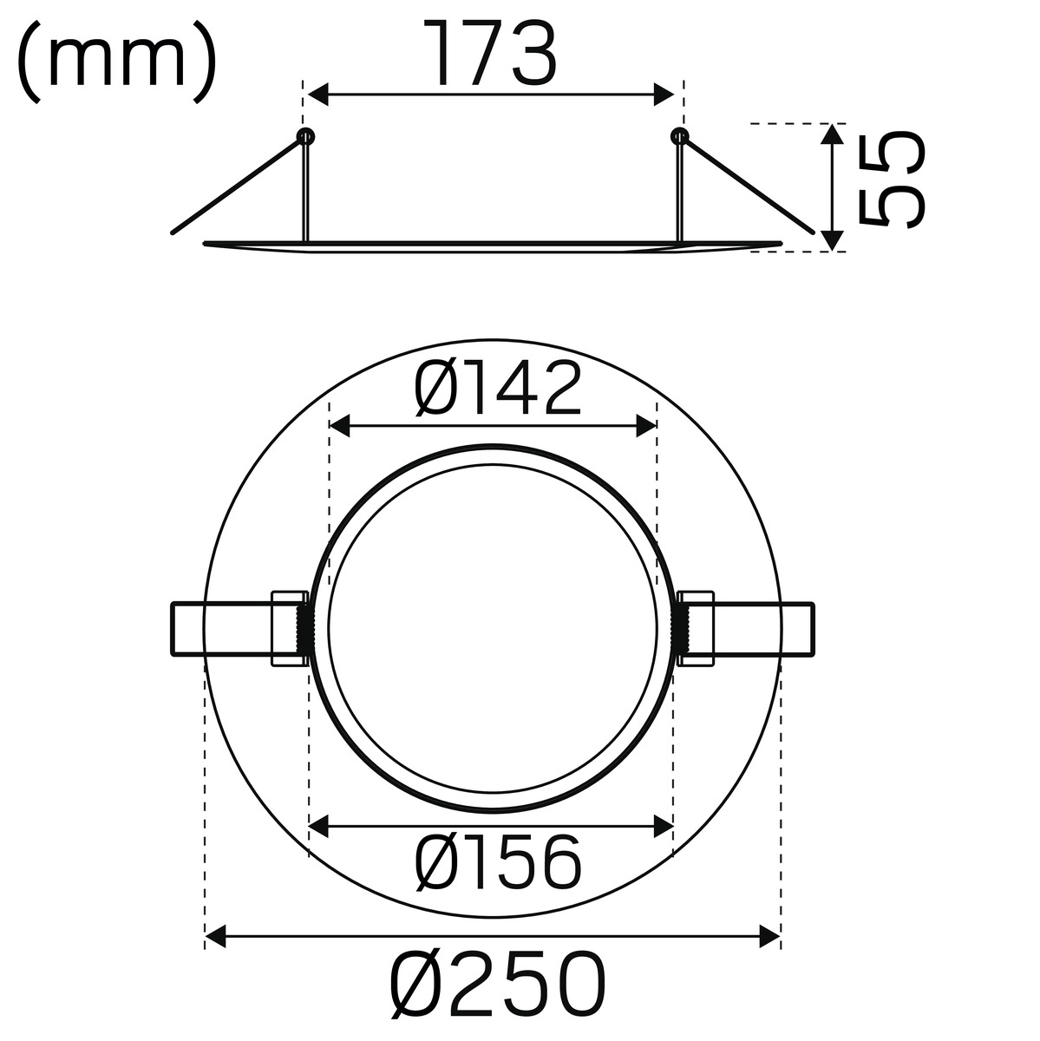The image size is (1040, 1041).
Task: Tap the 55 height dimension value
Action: click(x=891, y=179)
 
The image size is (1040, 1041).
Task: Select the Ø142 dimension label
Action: click(x=498, y=389)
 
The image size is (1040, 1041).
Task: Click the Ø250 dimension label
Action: click(x=497, y=985)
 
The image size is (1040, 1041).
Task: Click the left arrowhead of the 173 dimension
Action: click(x=317, y=95)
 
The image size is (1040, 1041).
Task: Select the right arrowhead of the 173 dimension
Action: click(x=664, y=95)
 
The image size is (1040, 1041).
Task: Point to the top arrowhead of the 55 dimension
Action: click(x=833, y=134)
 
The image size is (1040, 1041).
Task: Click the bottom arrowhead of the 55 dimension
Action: click(x=833, y=240)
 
